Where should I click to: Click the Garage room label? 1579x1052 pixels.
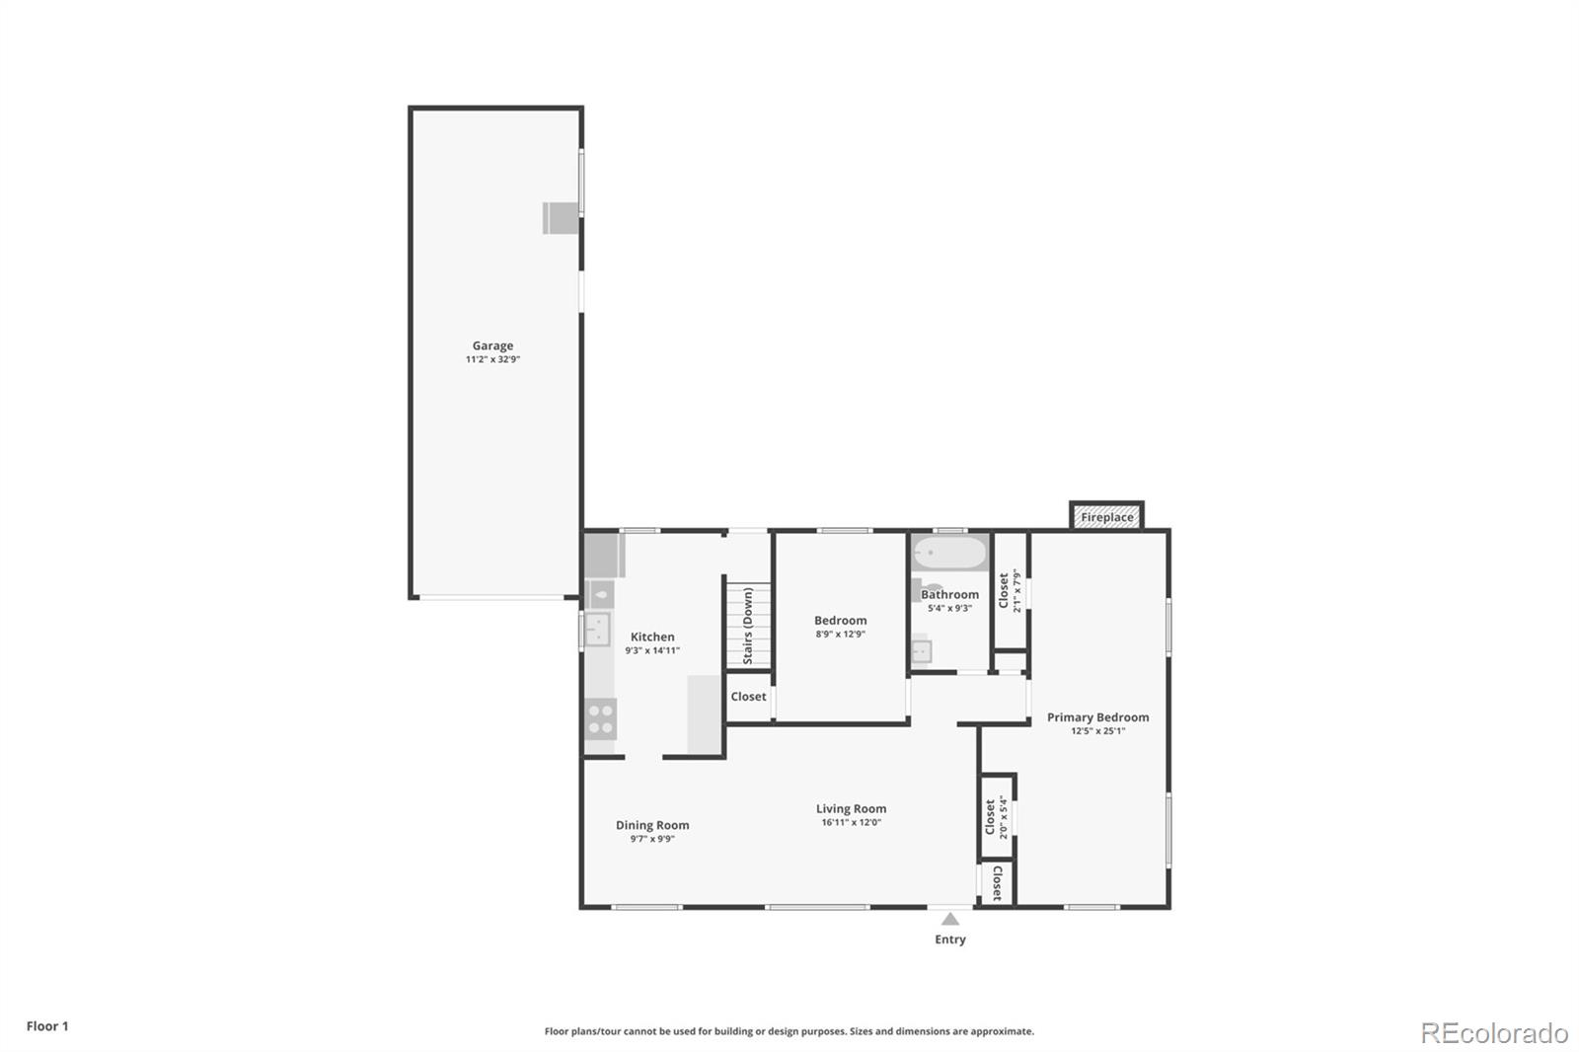(x=492, y=346)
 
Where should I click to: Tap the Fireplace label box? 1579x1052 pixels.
(x=1106, y=517)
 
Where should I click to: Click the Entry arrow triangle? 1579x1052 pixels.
(x=949, y=919)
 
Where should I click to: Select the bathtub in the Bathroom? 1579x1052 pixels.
(x=949, y=553)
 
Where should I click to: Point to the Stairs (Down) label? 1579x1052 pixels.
(x=748, y=625)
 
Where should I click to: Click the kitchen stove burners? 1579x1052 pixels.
(x=600, y=718)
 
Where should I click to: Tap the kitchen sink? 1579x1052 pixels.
(x=596, y=629)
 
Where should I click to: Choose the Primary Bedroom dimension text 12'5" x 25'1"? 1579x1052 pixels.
(x=1097, y=731)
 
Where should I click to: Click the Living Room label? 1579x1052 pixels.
(x=851, y=808)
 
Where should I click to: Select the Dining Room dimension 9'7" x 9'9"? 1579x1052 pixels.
(x=652, y=839)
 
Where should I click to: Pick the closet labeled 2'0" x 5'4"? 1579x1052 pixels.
(x=997, y=817)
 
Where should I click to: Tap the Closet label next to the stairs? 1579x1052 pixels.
(x=748, y=697)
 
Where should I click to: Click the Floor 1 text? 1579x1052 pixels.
(x=47, y=1026)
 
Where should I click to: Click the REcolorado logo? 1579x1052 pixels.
(x=1493, y=1032)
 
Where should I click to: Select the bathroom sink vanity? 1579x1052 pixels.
(x=921, y=651)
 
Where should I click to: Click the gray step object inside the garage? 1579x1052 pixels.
(x=560, y=218)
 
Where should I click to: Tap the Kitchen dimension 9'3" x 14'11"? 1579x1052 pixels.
(x=652, y=650)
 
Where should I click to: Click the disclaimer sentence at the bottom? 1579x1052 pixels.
(x=789, y=1031)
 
